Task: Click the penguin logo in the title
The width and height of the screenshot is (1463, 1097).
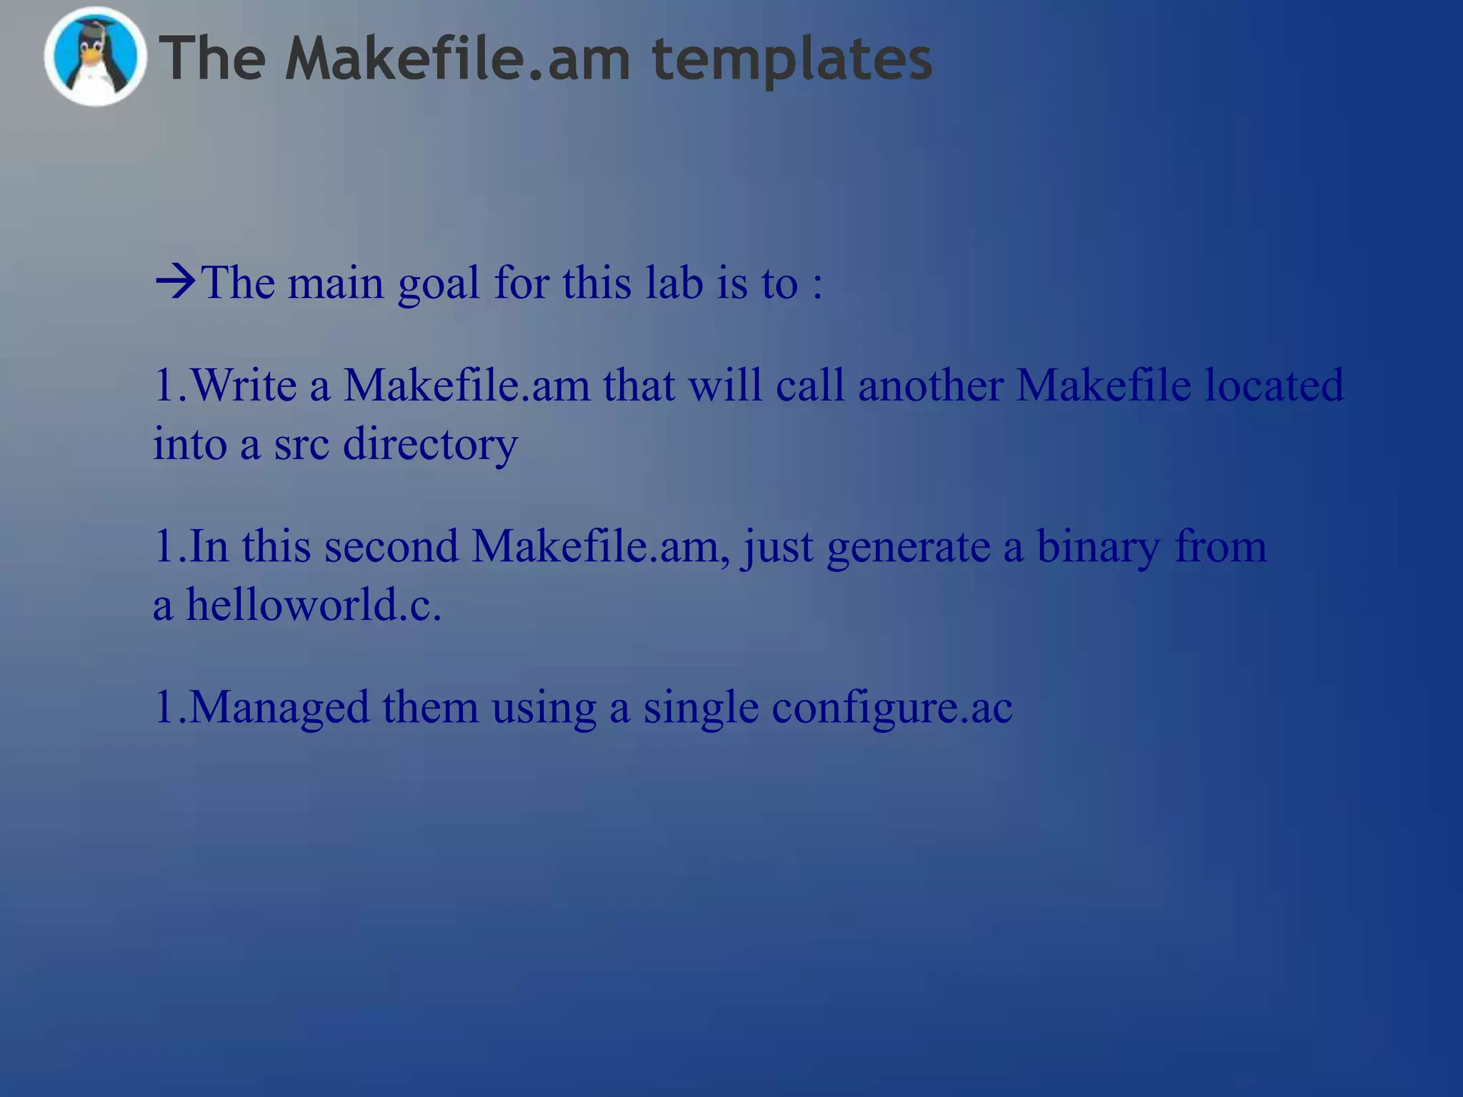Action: coord(95,57)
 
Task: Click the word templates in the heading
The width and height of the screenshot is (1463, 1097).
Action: coord(792,60)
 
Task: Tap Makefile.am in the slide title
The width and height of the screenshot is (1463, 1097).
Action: coord(458,59)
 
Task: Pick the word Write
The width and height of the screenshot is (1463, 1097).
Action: coord(244,386)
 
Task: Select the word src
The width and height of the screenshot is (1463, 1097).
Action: coord(301,444)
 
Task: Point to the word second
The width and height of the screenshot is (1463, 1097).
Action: coord(391,547)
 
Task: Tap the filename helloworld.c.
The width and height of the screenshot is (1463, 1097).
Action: coord(314,606)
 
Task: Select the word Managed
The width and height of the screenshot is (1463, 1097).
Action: coord(279,708)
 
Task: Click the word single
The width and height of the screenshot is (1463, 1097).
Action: coord(700,708)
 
